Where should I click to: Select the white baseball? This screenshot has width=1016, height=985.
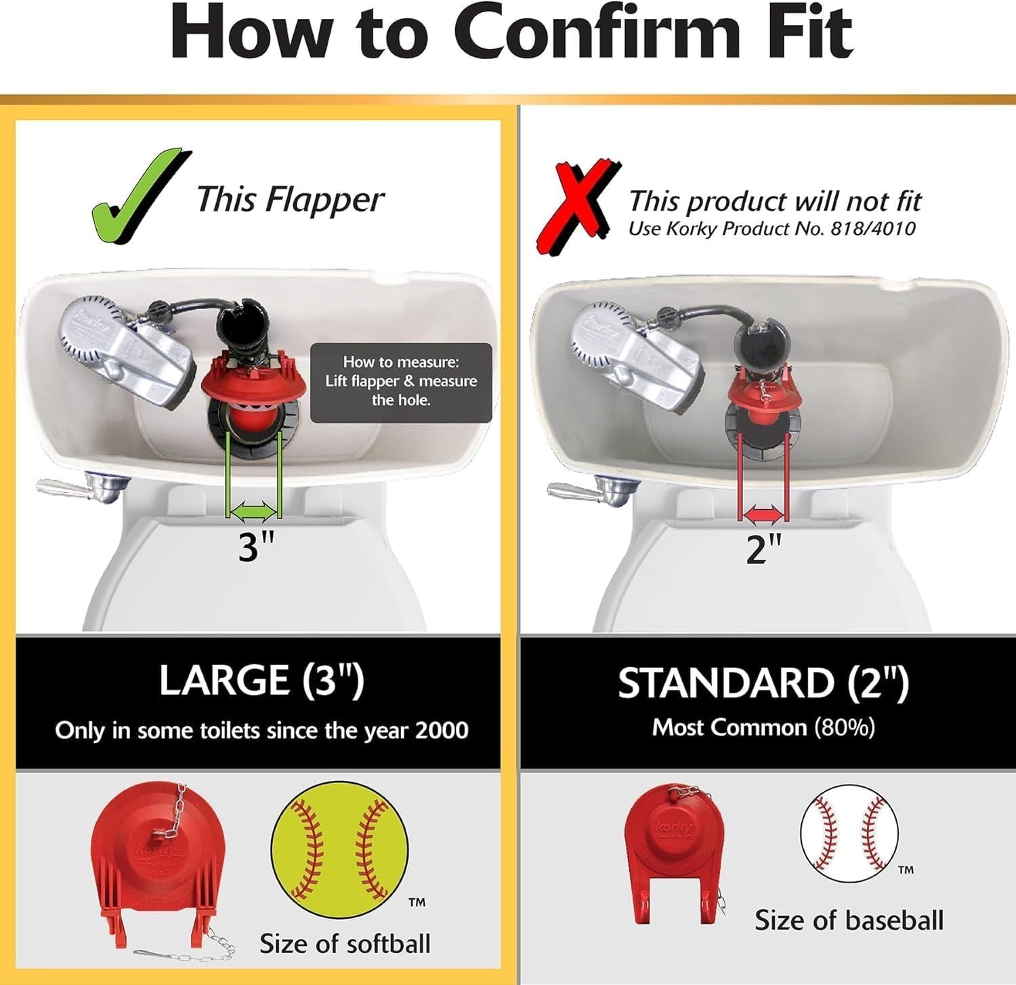point(849,833)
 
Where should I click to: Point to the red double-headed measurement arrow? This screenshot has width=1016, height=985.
point(763,515)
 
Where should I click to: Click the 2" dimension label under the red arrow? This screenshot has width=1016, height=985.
point(764,548)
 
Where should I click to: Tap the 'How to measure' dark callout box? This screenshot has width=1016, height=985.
point(401,382)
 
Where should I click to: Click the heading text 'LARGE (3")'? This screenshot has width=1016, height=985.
point(261,680)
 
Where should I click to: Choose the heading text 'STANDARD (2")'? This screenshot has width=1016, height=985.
point(763,683)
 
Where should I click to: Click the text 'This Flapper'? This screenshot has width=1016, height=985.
point(290,200)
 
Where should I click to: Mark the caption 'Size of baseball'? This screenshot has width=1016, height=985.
point(849,920)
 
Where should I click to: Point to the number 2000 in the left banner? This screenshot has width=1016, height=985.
point(441,730)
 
